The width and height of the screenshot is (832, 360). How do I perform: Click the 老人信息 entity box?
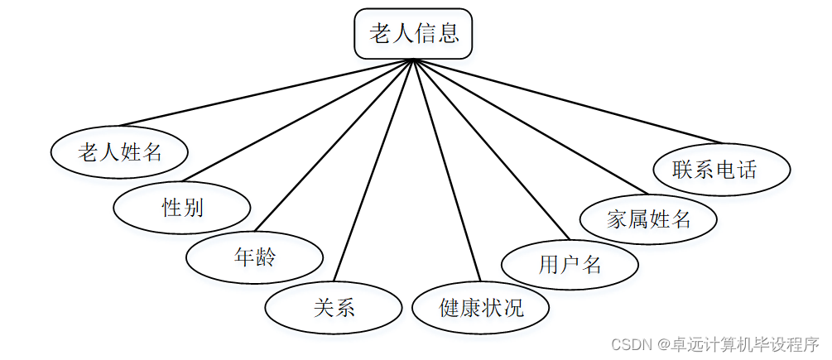point(413,34)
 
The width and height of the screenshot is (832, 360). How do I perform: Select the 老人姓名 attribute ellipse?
point(119,152)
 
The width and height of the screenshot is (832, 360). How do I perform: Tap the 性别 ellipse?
point(182,207)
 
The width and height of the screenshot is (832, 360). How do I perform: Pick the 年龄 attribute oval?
point(254,257)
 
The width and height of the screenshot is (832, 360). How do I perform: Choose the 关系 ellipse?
point(334,308)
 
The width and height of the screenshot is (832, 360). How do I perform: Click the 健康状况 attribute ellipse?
point(480,308)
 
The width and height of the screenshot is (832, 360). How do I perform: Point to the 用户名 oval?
point(570,265)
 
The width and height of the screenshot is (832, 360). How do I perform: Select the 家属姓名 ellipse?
point(648,219)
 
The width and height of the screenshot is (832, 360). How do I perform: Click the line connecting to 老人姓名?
point(265,93)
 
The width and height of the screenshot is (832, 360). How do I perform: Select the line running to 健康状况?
point(447,170)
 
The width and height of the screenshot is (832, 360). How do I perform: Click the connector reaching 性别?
point(298,120)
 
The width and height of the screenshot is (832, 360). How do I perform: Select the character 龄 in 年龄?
point(266,257)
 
